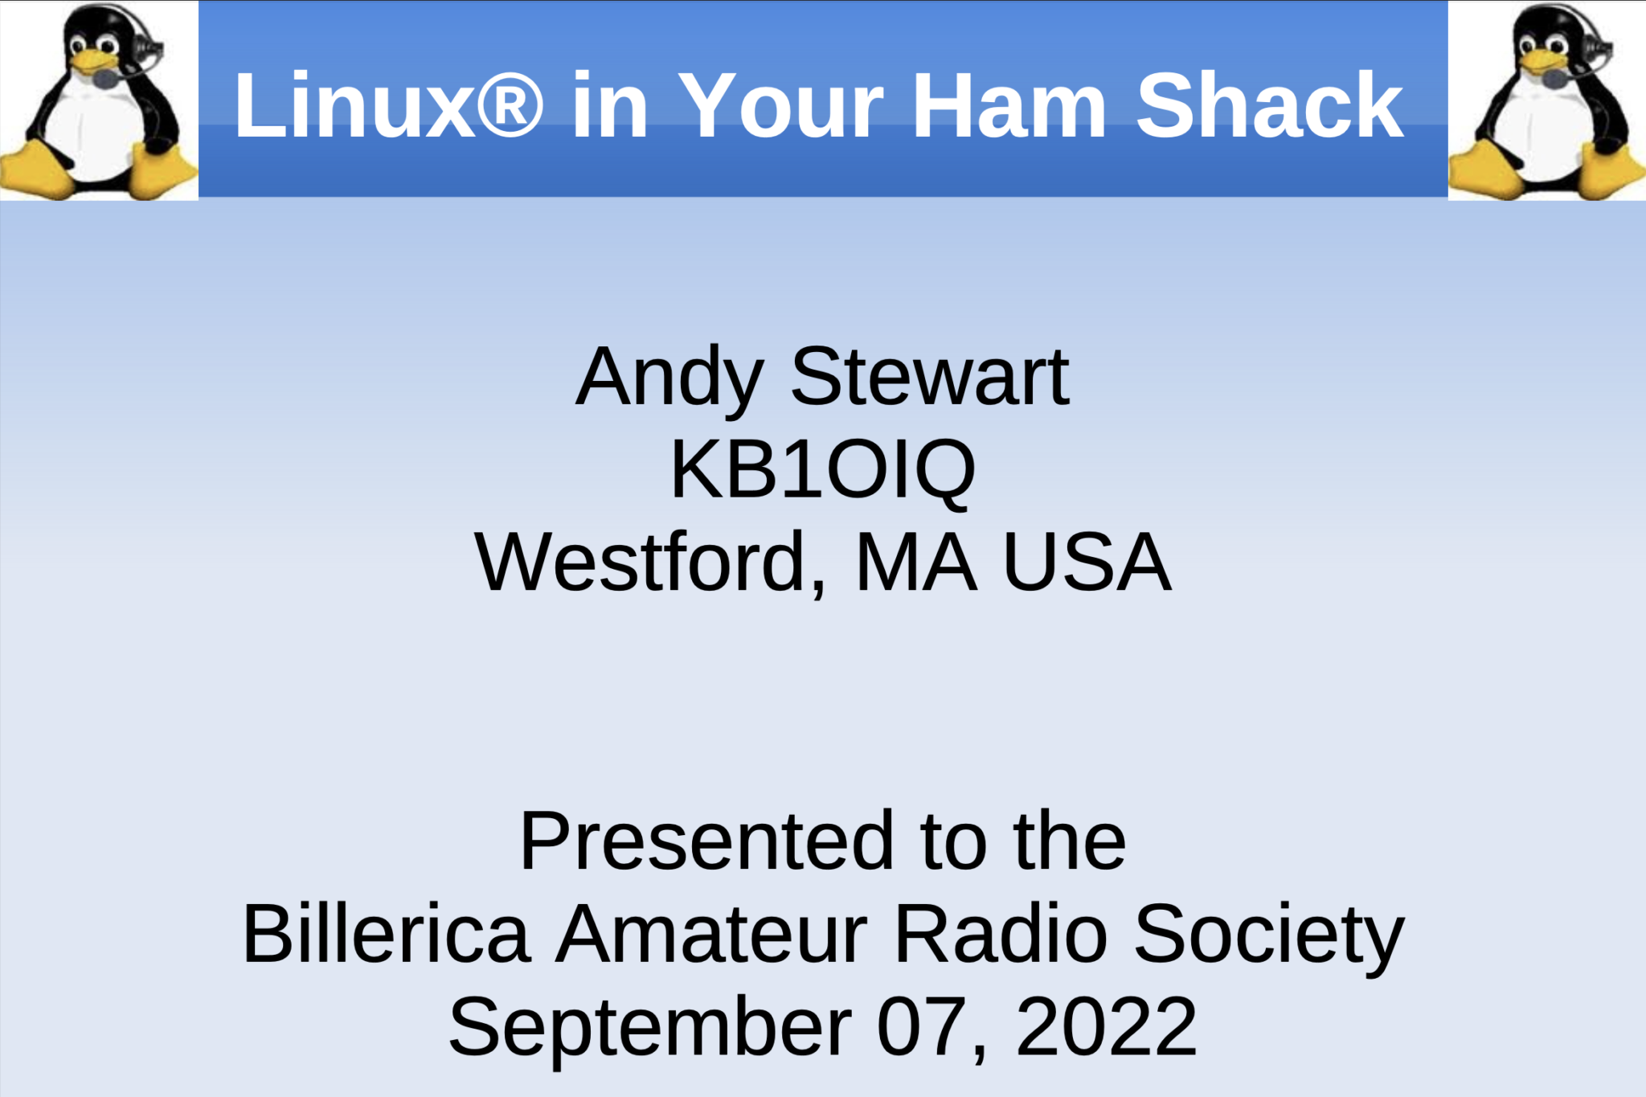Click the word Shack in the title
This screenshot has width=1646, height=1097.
click(x=1269, y=105)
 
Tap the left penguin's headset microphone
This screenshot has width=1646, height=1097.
click(x=105, y=79)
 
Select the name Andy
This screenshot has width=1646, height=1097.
click(x=669, y=379)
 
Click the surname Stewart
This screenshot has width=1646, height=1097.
click(x=930, y=377)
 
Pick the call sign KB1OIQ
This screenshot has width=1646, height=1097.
click(x=822, y=471)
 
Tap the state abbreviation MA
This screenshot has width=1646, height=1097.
click(x=916, y=563)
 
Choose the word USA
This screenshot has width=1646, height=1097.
click(x=1087, y=563)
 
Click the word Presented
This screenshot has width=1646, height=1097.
click(x=706, y=841)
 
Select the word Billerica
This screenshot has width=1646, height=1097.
click(x=387, y=934)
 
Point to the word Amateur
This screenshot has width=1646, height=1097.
click(x=712, y=934)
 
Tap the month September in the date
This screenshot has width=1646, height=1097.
click(x=649, y=1028)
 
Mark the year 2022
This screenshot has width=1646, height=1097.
click(x=1107, y=1026)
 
